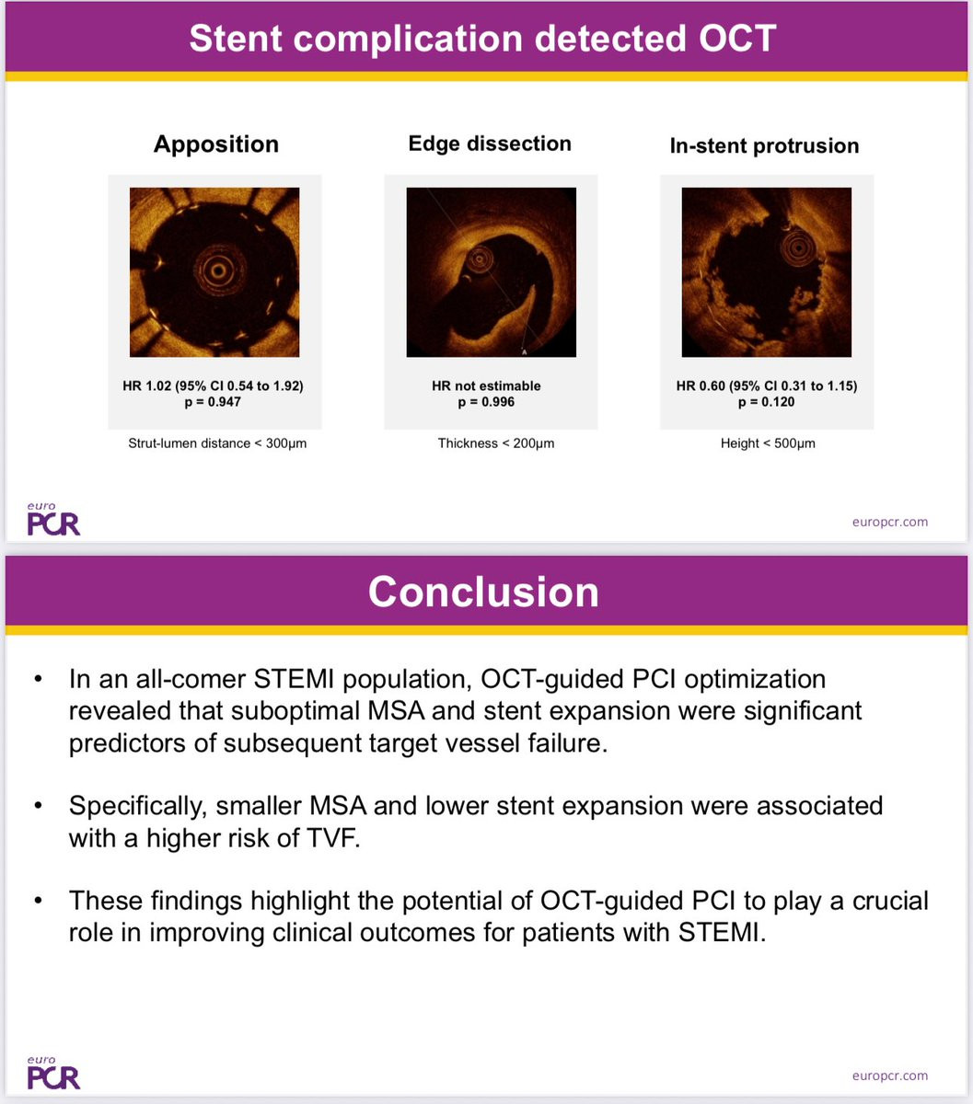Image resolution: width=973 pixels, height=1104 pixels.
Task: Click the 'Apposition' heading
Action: (216, 145)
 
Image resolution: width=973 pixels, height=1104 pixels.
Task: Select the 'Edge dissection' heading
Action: (490, 144)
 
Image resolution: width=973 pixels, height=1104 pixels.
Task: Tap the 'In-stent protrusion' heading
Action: (764, 146)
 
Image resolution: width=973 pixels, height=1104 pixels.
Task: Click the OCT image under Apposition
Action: (214, 272)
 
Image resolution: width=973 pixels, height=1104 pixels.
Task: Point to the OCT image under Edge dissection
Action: (491, 272)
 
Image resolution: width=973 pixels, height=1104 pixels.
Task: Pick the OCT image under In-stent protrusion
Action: (766, 272)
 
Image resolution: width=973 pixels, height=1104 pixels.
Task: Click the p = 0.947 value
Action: (213, 402)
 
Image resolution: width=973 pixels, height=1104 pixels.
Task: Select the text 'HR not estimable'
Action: (486, 385)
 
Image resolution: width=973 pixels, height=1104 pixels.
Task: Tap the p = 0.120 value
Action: (766, 402)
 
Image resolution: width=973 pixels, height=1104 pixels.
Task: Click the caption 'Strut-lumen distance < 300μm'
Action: (217, 443)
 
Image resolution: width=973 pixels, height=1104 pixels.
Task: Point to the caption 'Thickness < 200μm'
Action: (496, 443)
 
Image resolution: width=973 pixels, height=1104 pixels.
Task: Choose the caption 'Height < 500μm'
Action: (768, 443)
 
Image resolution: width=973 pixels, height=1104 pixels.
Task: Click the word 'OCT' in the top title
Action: (737, 38)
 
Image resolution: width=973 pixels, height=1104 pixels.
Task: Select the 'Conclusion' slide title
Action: (483, 592)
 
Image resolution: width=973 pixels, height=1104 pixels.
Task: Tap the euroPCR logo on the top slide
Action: (53, 519)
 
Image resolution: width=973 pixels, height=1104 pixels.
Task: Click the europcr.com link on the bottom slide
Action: (890, 1075)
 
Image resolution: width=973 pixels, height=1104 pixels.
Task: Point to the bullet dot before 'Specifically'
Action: (38, 805)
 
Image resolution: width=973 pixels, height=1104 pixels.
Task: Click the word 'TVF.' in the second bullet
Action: (333, 838)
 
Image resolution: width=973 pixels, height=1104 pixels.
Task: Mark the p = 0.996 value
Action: (486, 402)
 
